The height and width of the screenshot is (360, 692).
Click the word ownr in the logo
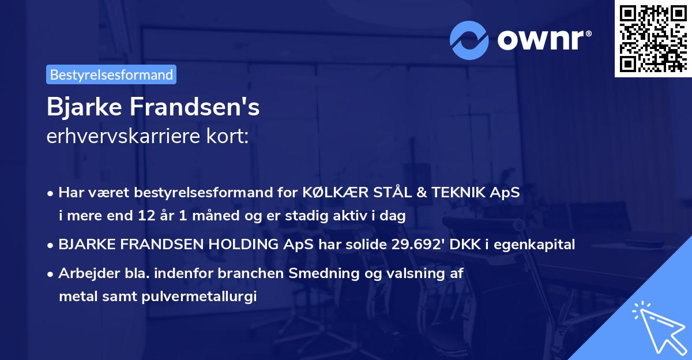(x=543, y=40)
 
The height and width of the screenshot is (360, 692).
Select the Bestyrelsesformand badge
(x=111, y=74)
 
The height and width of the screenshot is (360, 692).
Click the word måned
(x=217, y=216)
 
